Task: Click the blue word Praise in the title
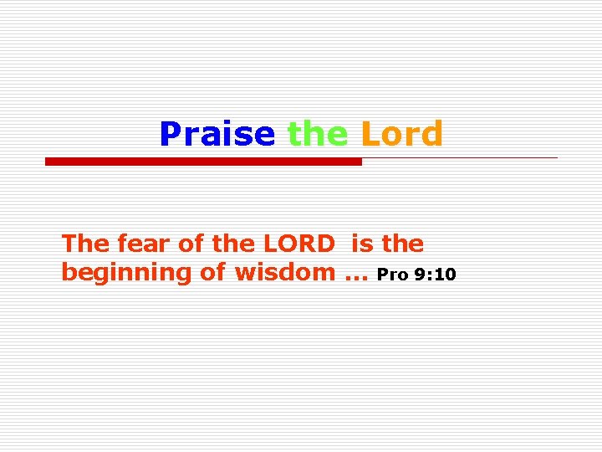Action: (x=217, y=134)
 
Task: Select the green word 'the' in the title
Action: (x=317, y=134)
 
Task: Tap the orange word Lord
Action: (x=401, y=134)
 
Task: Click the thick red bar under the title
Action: (x=203, y=162)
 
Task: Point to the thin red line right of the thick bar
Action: (x=460, y=157)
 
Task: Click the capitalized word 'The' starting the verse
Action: (x=80, y=244)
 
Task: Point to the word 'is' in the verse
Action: (x=363, y=244)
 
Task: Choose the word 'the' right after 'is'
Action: (x=403, y=244)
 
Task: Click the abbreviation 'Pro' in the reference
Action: (x=394, y=275)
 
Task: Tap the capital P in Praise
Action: (x=170, y=134)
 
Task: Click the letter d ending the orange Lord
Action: (x=431, y=134)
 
